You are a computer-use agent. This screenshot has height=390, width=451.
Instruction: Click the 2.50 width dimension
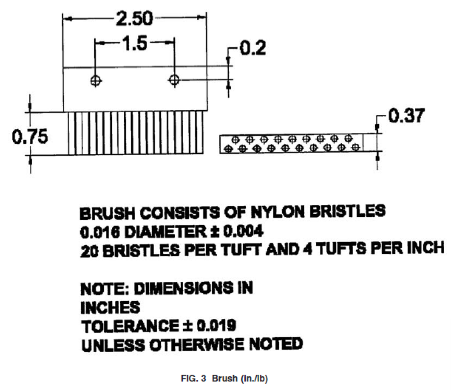(134, 18)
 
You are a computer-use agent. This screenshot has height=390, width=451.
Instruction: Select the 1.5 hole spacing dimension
(135, 44)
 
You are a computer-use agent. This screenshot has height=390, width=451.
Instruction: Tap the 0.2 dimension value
(252, 48)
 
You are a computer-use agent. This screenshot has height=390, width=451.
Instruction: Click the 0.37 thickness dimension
(407, 116)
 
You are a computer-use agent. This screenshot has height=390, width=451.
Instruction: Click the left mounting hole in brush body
(96, 81)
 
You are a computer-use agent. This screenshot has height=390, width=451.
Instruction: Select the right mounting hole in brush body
(174, 80)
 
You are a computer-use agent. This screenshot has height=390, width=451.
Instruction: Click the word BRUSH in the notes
(107, 213)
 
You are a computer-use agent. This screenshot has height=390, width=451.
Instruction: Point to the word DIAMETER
(166, 232)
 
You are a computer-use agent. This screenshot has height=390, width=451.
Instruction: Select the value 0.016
(100, 232)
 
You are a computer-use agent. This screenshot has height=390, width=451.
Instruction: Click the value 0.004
(243, 231)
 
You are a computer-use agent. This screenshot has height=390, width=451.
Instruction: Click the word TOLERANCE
(130, 326)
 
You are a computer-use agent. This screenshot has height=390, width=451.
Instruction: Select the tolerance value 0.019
(216, 325)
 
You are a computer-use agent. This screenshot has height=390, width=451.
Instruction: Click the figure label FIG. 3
(194, 378)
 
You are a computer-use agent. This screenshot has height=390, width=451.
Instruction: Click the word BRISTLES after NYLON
(347, 211)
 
